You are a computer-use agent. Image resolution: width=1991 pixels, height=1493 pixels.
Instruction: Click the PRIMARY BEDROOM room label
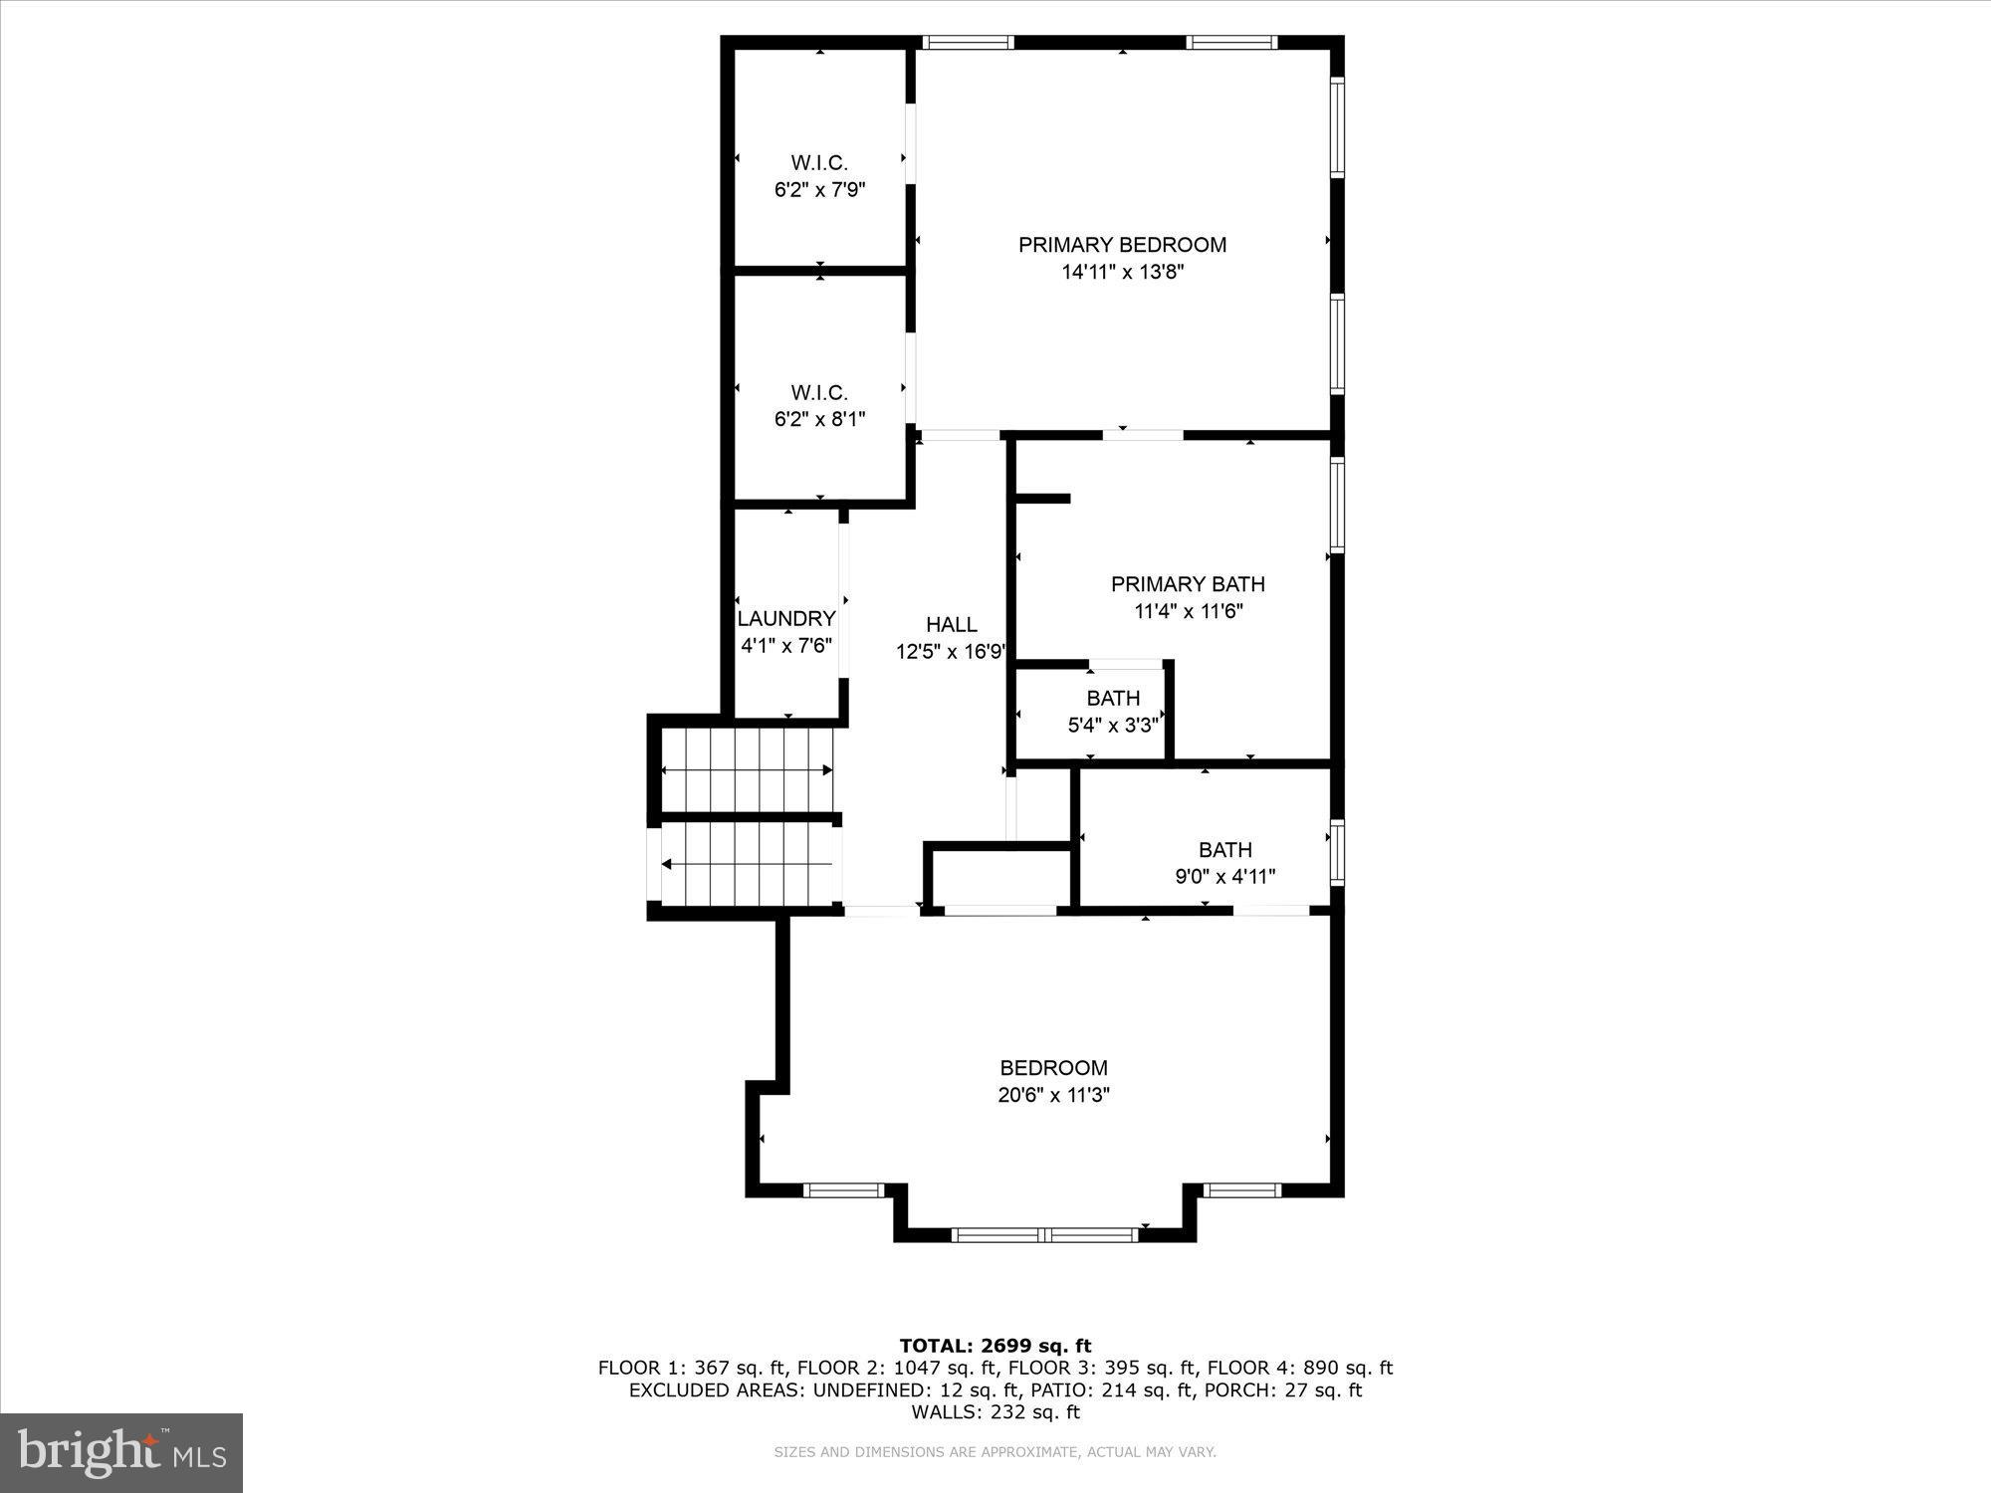[1122, 245]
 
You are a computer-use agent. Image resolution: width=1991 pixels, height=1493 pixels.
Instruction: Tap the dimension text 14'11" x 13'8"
[1122, 272]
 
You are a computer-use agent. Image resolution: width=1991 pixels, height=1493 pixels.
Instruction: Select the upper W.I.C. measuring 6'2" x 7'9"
[819, 176]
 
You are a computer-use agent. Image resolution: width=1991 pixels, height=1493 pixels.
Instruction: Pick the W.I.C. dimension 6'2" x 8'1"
[819, 419]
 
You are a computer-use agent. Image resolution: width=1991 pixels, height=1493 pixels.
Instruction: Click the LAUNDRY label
[786, 618]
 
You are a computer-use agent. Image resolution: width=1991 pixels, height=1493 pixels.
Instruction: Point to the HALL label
[952, 624]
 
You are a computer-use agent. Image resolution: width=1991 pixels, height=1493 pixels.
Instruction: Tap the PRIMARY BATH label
[1188, 584]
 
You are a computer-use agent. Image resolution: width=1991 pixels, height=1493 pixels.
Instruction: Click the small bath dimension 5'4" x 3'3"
[1113, 725]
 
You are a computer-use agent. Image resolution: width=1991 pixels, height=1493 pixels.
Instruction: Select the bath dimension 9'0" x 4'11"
[1224, 877]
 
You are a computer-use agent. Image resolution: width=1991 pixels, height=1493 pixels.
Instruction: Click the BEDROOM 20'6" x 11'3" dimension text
[1053, 1095]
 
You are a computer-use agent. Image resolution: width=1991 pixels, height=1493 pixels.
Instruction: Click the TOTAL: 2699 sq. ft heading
[995, 1346]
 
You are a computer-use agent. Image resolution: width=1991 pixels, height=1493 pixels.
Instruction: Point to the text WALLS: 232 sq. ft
[995, 1411]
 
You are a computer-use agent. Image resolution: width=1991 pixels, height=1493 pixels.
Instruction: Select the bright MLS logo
[121, 1453]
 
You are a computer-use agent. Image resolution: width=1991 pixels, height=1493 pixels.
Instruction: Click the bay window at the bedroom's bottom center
[1044, 1234]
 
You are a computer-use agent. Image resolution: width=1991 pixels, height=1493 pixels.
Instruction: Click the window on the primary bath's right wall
[1337, 505]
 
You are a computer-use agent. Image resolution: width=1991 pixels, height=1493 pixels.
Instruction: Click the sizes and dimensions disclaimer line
[995, 1452]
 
